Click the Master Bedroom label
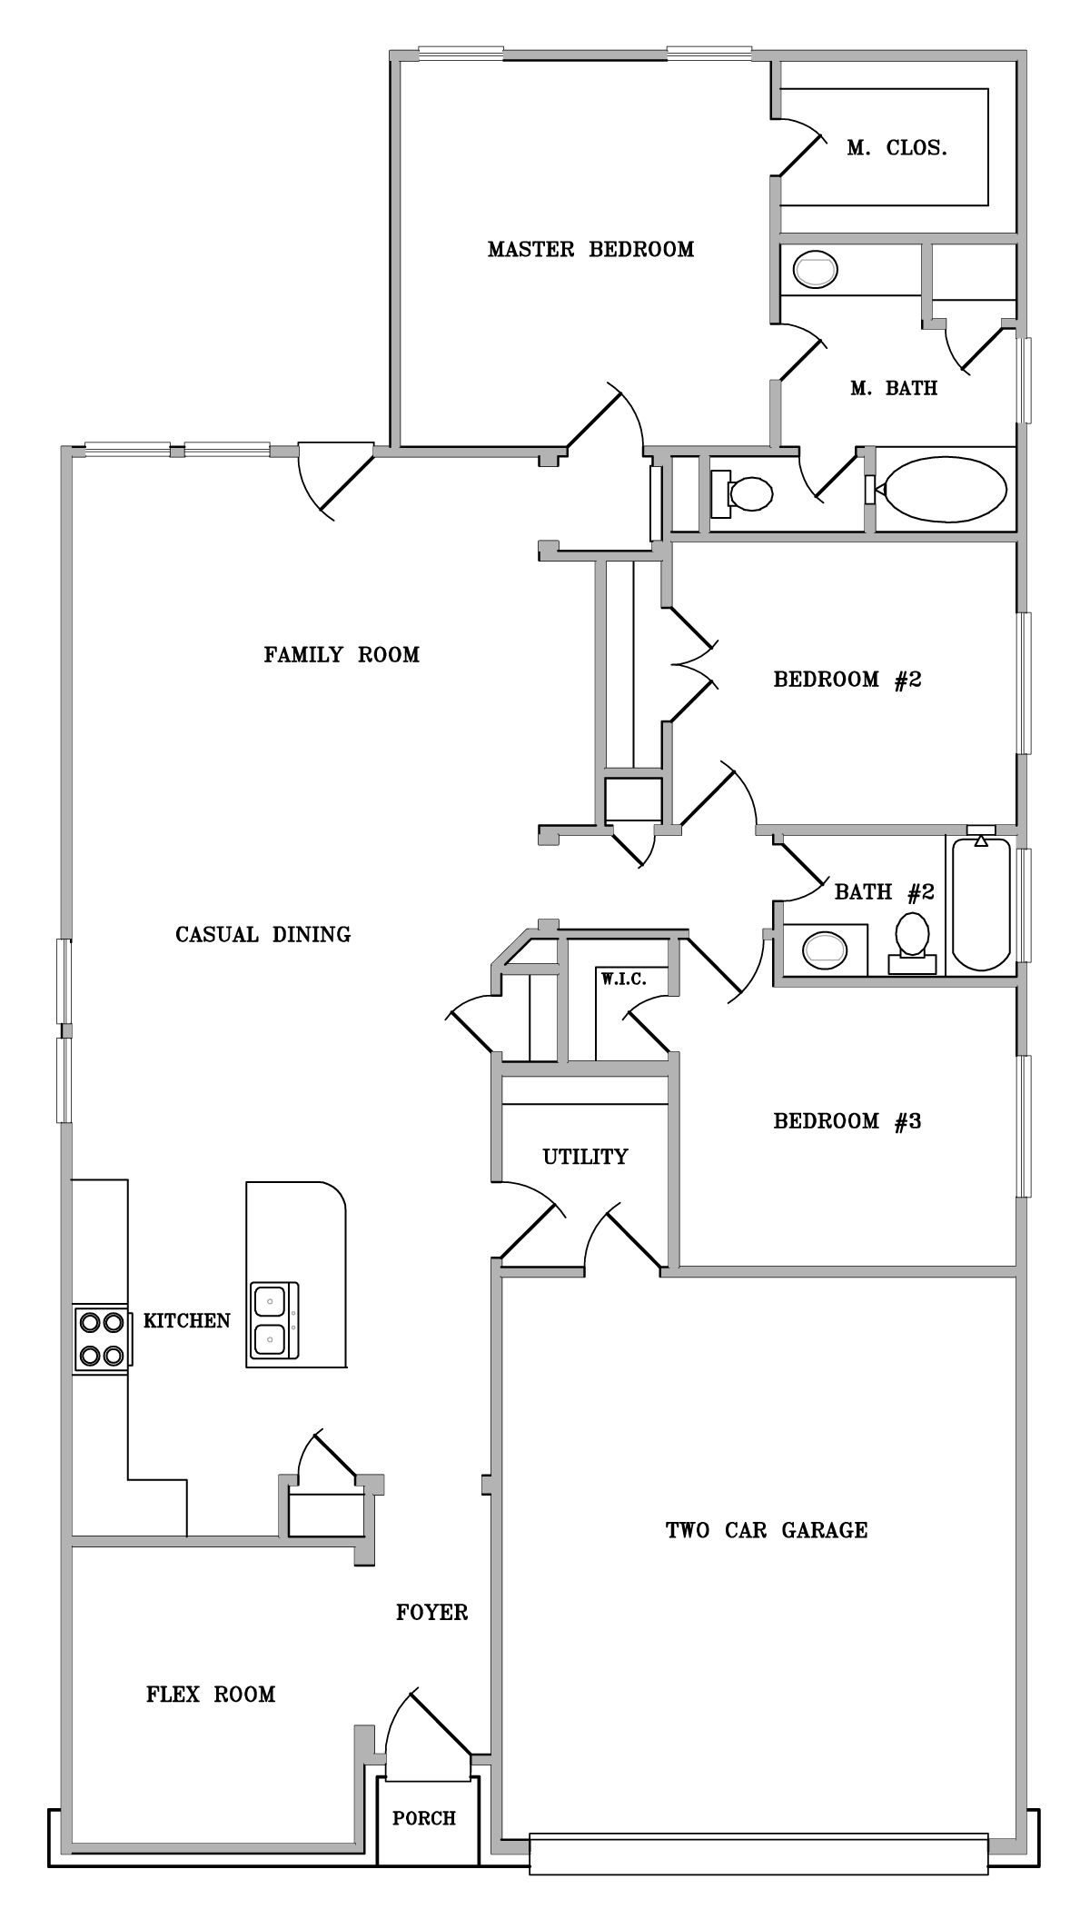tap(590, 249)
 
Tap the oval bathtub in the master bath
tap(946, 490)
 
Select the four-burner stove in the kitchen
tap(101, 1339)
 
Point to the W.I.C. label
tap(623, 979)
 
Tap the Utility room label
tap(585, 1157)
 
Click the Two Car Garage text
tap(767, 1530)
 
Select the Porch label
tap(424, 1818)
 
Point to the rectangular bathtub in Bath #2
tap(980, 904)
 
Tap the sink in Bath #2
tap(825, 950)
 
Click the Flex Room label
tap(211, 1694)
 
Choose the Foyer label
tap(432, 1612)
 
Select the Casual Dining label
tap(263, 934)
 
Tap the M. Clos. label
tap(897, 148)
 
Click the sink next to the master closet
tap(815, 270)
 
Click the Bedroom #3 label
tap(847, 1121)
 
